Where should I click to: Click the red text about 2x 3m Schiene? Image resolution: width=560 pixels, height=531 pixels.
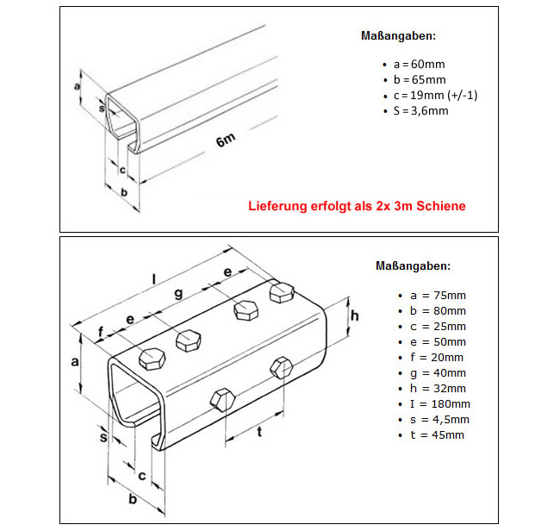357,207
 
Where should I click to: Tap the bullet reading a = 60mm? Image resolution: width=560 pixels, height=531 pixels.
419,64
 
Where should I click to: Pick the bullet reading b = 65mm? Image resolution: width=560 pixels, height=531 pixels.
419,79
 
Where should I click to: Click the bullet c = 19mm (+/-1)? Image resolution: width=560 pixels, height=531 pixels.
434,95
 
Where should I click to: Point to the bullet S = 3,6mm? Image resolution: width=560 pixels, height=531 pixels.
420,110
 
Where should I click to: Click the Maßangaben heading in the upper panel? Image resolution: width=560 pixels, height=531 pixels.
397,36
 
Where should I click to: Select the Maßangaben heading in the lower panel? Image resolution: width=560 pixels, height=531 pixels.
413,266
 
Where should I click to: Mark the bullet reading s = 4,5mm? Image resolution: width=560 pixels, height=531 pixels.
440,419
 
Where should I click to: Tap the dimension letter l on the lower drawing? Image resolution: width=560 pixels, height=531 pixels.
153,280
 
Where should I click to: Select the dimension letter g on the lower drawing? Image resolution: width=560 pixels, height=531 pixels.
178,294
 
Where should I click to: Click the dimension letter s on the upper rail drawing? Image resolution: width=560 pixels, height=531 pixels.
101,108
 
